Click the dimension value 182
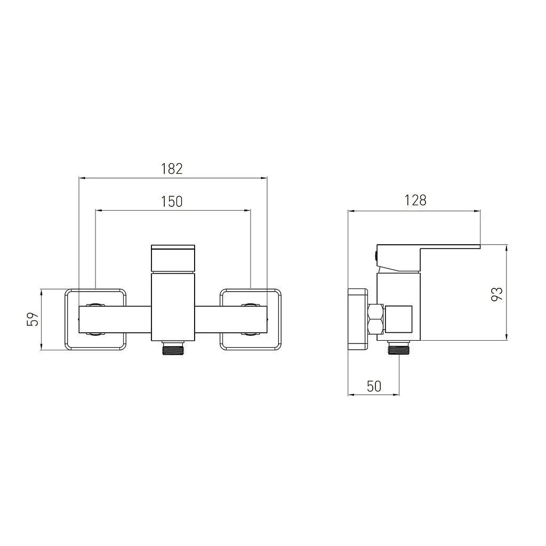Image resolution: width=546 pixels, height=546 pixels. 172,169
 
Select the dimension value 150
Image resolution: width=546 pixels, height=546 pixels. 172,202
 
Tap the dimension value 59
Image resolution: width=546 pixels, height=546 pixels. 33,319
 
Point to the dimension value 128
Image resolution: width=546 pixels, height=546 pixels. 415,200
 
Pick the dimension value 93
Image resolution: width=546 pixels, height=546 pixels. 497,294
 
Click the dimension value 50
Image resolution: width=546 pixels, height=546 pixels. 374,386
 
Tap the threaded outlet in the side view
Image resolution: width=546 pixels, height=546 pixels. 399,348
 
